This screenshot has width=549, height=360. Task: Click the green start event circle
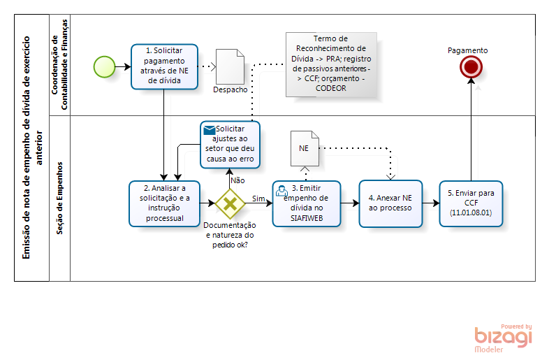point(104,66)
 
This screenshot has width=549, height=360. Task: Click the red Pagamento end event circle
point(471,66)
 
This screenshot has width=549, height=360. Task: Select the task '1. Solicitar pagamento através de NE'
point(164,66)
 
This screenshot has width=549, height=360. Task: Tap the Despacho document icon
point(230,67)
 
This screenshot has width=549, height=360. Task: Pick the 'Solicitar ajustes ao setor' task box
point(230,145)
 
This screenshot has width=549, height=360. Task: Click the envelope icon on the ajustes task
point(209,129)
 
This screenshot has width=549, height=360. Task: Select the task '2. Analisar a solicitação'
point(164,203)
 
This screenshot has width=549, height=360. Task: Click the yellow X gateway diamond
point(229,204)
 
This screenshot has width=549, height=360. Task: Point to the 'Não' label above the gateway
point(237,180)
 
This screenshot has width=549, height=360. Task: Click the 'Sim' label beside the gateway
point(258,199)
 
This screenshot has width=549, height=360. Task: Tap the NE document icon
point(304,148)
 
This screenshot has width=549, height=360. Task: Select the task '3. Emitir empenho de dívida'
point(306,203)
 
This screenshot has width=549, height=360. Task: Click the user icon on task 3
point(281,189)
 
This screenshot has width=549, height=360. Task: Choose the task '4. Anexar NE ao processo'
point(391,203)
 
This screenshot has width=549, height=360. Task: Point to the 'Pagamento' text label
point(468,50)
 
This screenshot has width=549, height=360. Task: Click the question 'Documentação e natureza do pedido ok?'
point(230,235)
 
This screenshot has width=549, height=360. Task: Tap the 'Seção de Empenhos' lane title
point(59,198)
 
